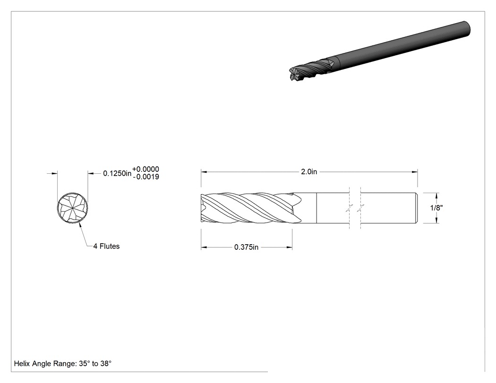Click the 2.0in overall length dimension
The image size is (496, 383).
[309, 172]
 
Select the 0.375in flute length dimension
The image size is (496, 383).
[246, 247]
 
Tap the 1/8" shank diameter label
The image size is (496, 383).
[436, 208]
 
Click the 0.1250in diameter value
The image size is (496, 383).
[117, 173]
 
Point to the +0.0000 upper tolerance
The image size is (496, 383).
[145, 169]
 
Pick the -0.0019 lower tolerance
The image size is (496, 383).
[146, 177]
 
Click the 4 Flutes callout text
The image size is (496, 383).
[106, 247]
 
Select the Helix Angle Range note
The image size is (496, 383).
[63, 364]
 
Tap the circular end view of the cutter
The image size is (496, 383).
[72, 208]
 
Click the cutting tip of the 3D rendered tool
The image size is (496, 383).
[293, 74]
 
